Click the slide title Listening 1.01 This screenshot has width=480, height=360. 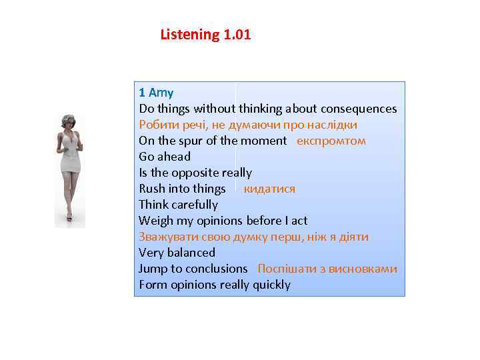pos(205,35)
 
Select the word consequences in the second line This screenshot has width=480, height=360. pos(359,109)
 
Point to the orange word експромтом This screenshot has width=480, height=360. pos(331,141)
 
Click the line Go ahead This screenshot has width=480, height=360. pos(165,157)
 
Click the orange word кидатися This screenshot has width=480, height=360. pos(269,189)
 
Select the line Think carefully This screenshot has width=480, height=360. pos(178,205)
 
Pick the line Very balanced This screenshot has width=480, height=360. pos(177,253)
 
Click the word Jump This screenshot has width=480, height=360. pos(153,269)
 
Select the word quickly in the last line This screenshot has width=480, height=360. pos(271,285)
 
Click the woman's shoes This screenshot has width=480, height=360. pos(69,217)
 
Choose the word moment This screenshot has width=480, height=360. pos(263,141)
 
